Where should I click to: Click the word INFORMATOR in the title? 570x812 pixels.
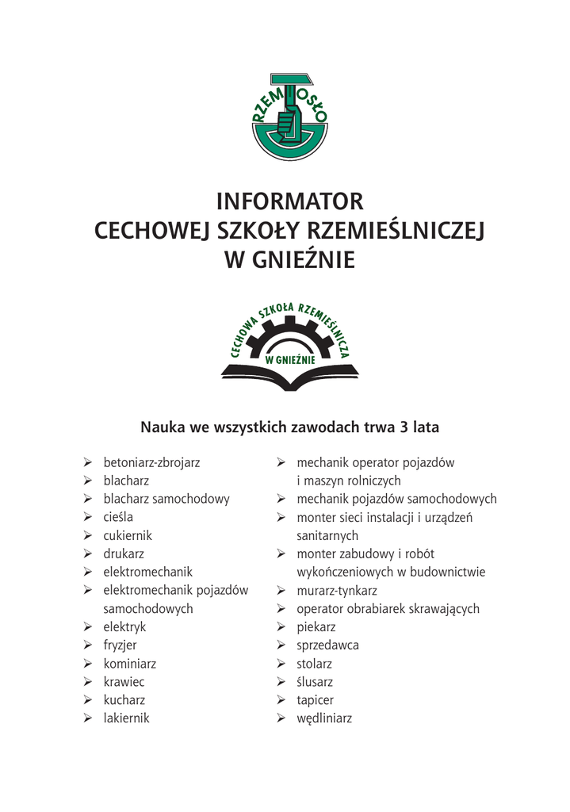click(289, 201)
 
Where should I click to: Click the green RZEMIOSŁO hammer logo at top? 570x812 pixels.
click(289, 117)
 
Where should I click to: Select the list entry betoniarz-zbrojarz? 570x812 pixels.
click(151, 462)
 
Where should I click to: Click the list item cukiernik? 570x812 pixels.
click(127, 536)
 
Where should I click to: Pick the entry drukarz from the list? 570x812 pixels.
click(124, 554)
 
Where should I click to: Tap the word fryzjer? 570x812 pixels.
click(120, 645)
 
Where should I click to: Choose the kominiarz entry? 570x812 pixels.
click(129, 664)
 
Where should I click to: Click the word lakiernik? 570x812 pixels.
click(126, 718)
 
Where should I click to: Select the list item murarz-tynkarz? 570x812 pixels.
click(337, 591)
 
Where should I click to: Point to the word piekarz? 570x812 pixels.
click(316, 627)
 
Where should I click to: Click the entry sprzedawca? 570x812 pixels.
click(327, 645)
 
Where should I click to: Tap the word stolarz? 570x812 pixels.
click(314, 664)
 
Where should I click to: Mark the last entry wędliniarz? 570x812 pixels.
click(323, 718)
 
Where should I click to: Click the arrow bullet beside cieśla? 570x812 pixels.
click(87, 518)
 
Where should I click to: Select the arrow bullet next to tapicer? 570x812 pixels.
click(281, 700)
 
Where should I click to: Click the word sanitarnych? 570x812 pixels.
click(327, 536)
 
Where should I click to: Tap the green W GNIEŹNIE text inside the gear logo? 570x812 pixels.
click(290, 358)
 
